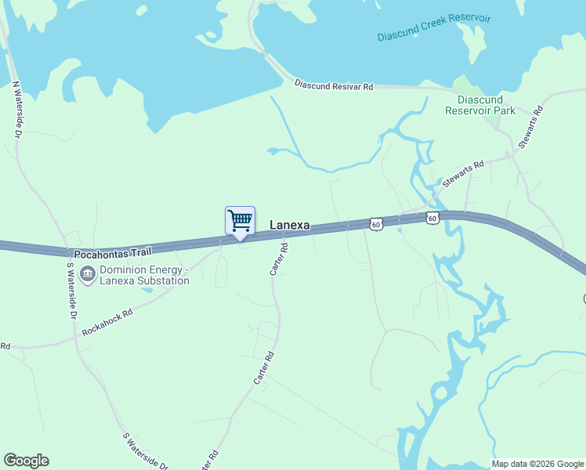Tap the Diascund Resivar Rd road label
point(333,84)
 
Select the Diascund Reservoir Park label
point(486,105)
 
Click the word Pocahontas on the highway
point(99,255)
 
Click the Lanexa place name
point(289,226)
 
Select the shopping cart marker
point(240,220)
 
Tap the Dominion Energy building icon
point(88,275)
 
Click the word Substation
point(165,280)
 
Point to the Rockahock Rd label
point(107,323)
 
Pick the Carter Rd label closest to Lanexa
point(279,258)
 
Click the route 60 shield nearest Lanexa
point(377,224)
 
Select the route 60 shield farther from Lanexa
point(432,217)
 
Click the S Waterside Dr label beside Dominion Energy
point(71,289)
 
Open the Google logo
point(26,461)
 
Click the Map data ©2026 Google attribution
point(538,464)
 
